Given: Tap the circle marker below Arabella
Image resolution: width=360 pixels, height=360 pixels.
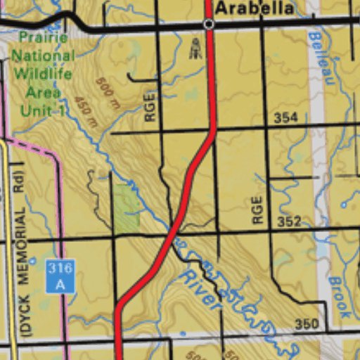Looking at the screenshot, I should pos(208,24).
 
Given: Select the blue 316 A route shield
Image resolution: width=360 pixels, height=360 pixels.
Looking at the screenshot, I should pos(60,276).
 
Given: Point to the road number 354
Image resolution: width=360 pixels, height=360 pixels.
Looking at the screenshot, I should pos(285,117).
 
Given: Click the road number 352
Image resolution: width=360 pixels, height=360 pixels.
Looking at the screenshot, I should pos(289,221).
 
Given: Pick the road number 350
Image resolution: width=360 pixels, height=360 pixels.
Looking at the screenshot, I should pos(307,324).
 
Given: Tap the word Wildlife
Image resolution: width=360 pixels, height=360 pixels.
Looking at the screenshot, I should pos(43,73).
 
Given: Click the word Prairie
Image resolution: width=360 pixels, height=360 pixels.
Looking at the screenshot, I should pos(44,37).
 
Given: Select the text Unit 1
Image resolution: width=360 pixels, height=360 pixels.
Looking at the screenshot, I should pos(43,110).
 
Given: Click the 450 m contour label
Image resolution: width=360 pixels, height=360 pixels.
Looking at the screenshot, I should pos(85,111).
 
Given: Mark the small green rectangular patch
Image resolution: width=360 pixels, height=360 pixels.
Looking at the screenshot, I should pos(127,208).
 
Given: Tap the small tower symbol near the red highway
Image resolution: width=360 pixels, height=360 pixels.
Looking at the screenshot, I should pos(195,49).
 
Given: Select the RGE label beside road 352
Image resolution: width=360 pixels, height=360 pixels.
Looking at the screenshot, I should pos(257,210).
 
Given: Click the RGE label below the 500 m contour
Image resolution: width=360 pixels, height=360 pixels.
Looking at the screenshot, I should pos(150,108).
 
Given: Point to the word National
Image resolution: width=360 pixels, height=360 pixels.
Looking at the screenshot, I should pos(43,56).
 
